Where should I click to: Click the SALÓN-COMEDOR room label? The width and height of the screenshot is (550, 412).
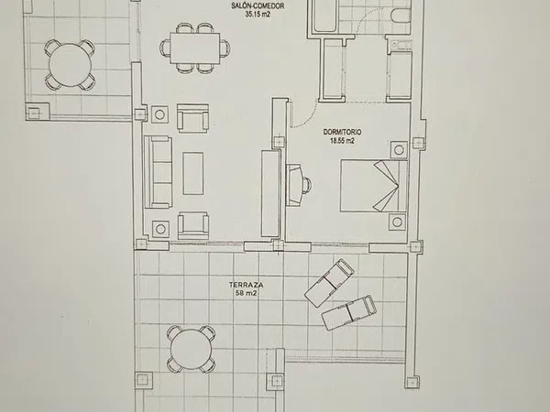point(258,5)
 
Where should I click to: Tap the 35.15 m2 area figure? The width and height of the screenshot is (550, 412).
point(258,15)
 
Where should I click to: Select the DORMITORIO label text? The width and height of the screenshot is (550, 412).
point(342,132)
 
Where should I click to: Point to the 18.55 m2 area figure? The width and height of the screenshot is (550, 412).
point(342,141)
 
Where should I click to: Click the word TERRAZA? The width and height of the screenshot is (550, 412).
point(246,285)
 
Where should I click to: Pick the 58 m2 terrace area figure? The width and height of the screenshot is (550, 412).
point(246,294)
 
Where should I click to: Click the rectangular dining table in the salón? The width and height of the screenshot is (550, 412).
point(195,49)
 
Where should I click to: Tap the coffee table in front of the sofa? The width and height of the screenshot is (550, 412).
point(192,173)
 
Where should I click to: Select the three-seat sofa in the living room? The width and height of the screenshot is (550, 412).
point(158,172)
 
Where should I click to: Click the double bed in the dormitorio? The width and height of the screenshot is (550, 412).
point(374,186)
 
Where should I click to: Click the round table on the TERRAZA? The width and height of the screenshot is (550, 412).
point(192,350)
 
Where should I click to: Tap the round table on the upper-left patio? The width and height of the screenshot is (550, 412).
point(71,65)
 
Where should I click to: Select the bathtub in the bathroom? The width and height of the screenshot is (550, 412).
point(324,16)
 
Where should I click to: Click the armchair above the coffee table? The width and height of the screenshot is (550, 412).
point(192,118)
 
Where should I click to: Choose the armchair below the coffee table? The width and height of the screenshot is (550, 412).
point(193,225)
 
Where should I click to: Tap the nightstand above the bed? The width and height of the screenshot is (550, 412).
point(399,150)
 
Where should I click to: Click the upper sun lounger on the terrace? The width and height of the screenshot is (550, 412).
point(329,283)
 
